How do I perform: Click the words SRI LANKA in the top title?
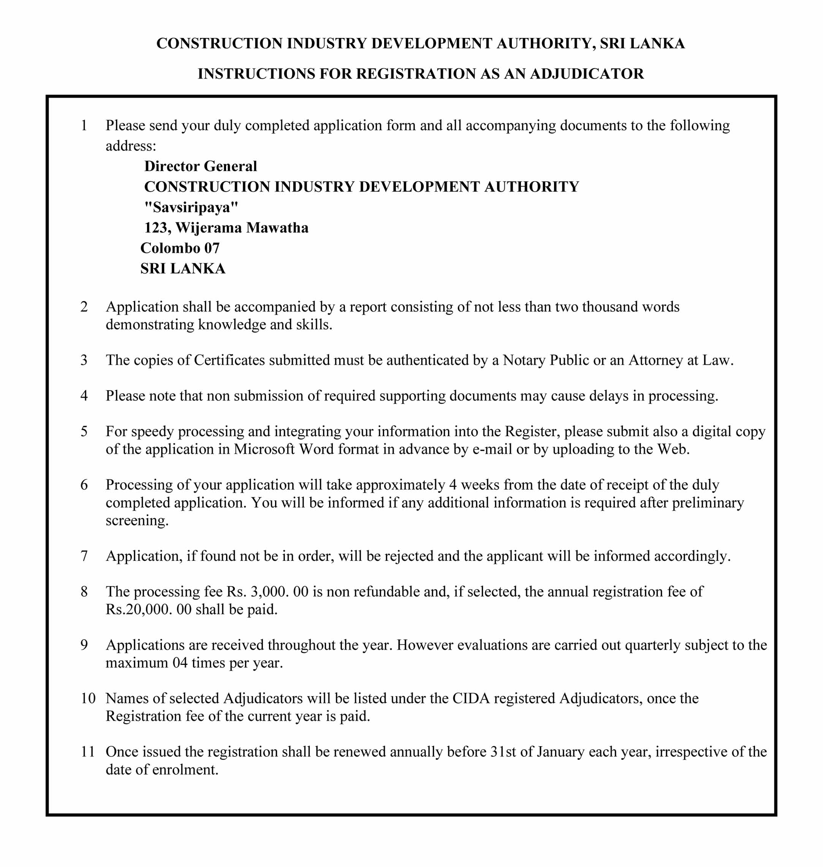pyautogui.click(x=642, y=43)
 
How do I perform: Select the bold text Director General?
pyautogui.click(x=201, y=166)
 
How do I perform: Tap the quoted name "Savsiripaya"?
pyautogui.click(x=191, y=207)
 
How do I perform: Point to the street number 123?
pyautogui.click(x=155, y=228)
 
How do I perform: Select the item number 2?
pyautogui.click(x=84, y=307)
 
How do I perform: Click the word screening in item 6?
pyautogui.click(x=137, y=521)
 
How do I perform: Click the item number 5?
pyautogui.click(x=84, y=432)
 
